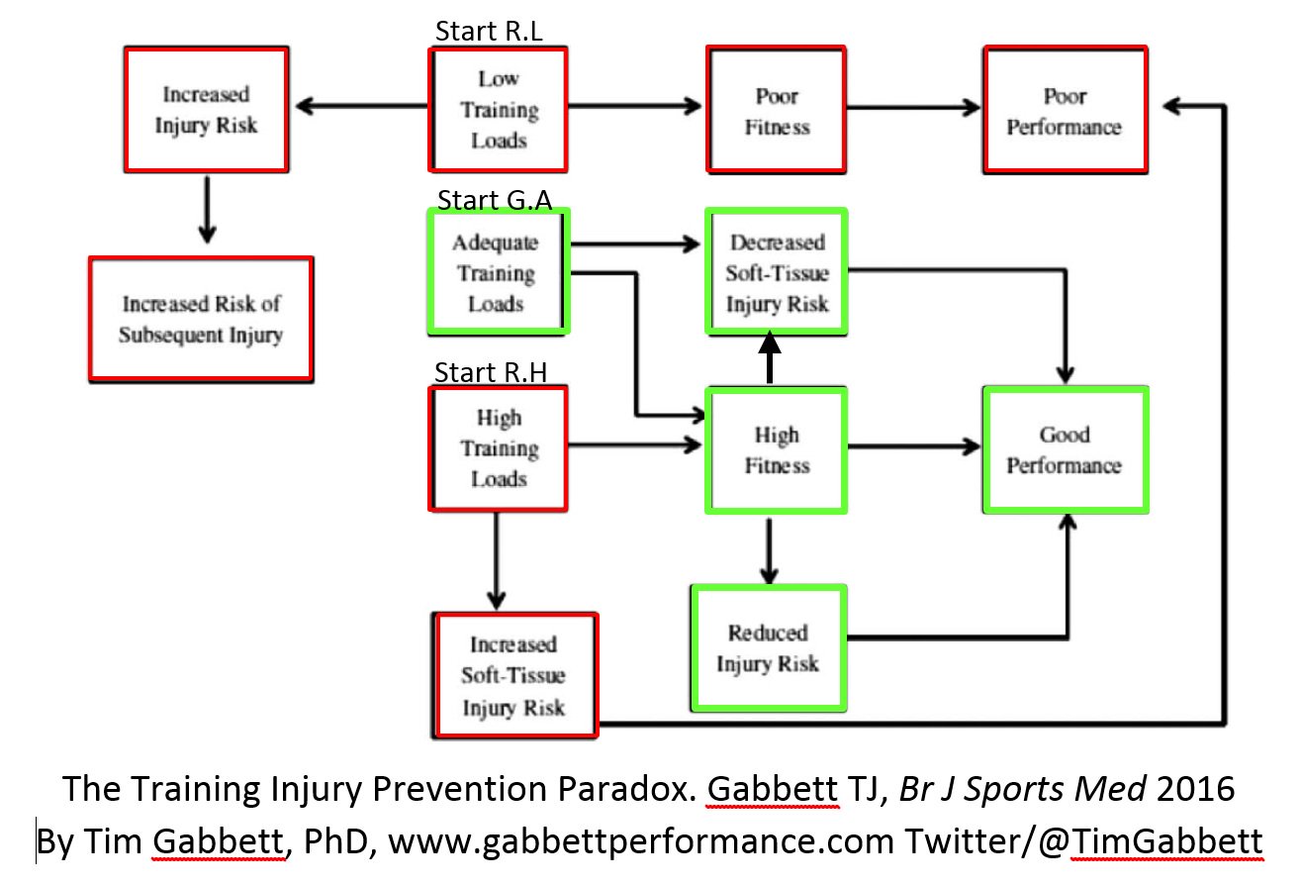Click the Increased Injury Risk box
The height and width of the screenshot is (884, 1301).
[206, 110]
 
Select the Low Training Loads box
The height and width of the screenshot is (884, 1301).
[498, 110]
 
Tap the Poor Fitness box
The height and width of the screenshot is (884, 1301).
[777, 111]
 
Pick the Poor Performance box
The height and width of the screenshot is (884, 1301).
[1065, 111]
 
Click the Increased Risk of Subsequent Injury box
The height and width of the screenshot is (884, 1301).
[201, 319]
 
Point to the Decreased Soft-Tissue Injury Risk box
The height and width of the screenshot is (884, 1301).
[777, 272]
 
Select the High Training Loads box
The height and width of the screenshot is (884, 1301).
[498, 448]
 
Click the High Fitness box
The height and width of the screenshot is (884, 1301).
[777, 450]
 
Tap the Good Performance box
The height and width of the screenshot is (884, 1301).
[1065, 449]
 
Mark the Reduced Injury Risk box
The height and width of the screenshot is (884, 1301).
[768, 647]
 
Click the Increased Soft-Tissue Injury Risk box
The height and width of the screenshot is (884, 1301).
[514, 675]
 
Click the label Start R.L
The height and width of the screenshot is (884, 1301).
[489, 32]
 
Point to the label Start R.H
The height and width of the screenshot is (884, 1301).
[491, 373]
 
